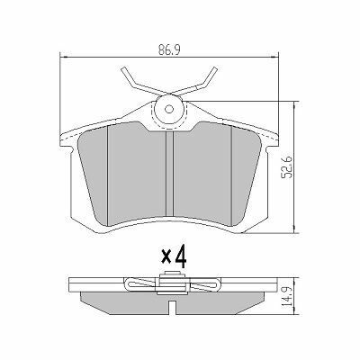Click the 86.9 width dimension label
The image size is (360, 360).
point(169,50)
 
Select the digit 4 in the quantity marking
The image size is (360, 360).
point(181,256)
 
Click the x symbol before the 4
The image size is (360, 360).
point(166,256)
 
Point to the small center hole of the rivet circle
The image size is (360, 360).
point(169,109)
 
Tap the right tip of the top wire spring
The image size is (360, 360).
point(214,69)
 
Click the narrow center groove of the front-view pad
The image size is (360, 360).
point(170,174)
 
